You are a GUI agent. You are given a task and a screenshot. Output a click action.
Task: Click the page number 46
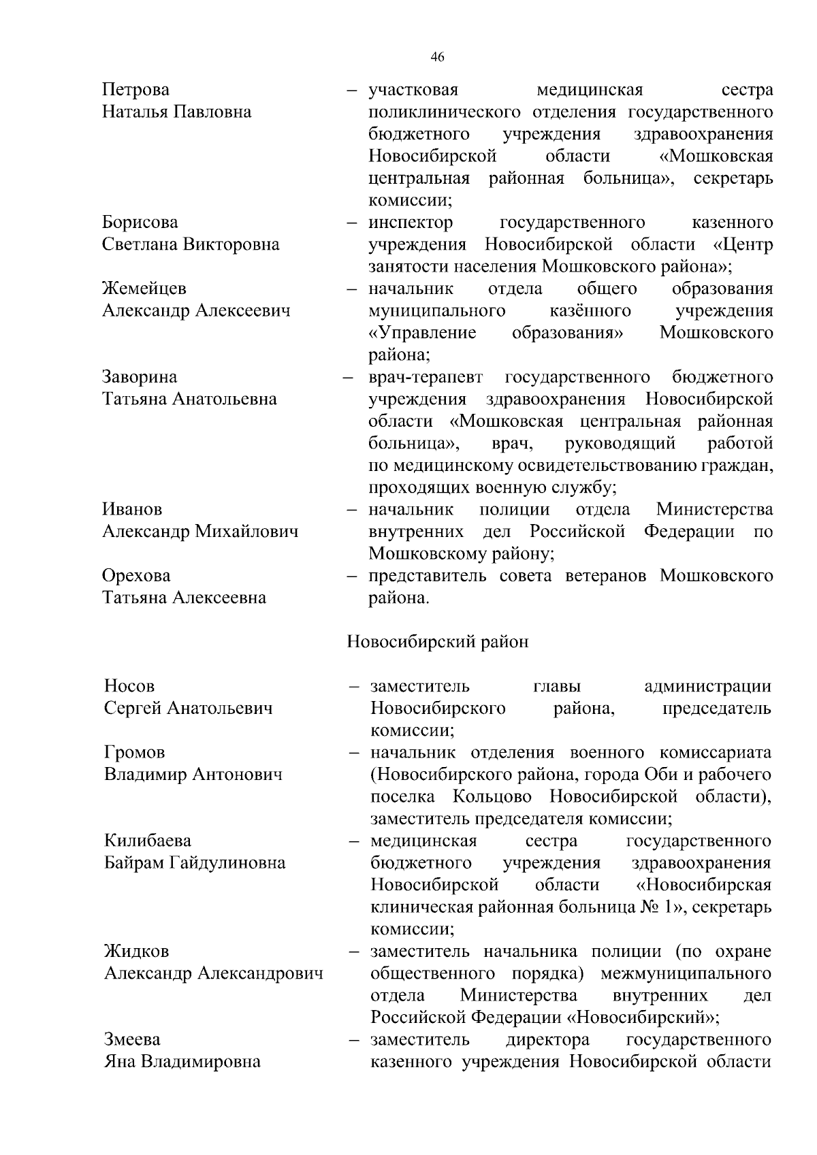coord(438,58)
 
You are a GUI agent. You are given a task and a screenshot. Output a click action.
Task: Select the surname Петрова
coord(136,90)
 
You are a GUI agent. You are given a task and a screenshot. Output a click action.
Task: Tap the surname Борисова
coord(140,223)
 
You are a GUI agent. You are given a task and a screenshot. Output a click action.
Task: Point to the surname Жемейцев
coord(144,289)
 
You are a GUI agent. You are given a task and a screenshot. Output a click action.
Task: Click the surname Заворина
coord(140,377)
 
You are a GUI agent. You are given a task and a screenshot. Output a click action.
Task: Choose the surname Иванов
coord(132,509)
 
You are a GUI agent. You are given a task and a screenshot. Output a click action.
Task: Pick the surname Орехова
coord(136,576)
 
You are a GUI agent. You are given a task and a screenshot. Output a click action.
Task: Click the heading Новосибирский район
coord(438,642)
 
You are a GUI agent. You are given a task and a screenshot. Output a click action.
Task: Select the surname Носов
coord(129,686)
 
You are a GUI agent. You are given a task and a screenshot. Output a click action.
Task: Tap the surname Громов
coord(135,753)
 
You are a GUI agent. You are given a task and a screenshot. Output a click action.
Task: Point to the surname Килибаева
coord(148,841)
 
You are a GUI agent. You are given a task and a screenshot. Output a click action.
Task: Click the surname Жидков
coord(137,951)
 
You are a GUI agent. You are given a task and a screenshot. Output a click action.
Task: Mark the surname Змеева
coord(133,1040)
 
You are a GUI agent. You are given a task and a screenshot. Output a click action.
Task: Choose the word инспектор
coord(411,223)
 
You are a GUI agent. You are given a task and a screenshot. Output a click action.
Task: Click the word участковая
coord(413,90)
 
